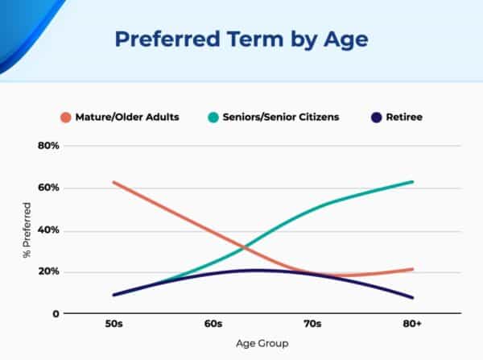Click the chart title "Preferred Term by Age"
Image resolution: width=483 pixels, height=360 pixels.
(x=242, y=39)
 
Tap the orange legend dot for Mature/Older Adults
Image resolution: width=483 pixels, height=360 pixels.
(x=65, y=117)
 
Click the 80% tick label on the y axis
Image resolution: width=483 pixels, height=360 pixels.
(x=49, y=146)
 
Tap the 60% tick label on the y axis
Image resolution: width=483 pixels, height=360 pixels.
(x=49, y=188)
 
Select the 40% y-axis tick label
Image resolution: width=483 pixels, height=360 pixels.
(x=49, y=230)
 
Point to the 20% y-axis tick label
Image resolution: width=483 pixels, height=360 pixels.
(x=49, y=271)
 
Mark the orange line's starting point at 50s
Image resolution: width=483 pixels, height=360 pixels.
(x=114, y=182)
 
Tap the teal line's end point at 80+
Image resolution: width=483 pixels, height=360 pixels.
(x=413, y=181)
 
